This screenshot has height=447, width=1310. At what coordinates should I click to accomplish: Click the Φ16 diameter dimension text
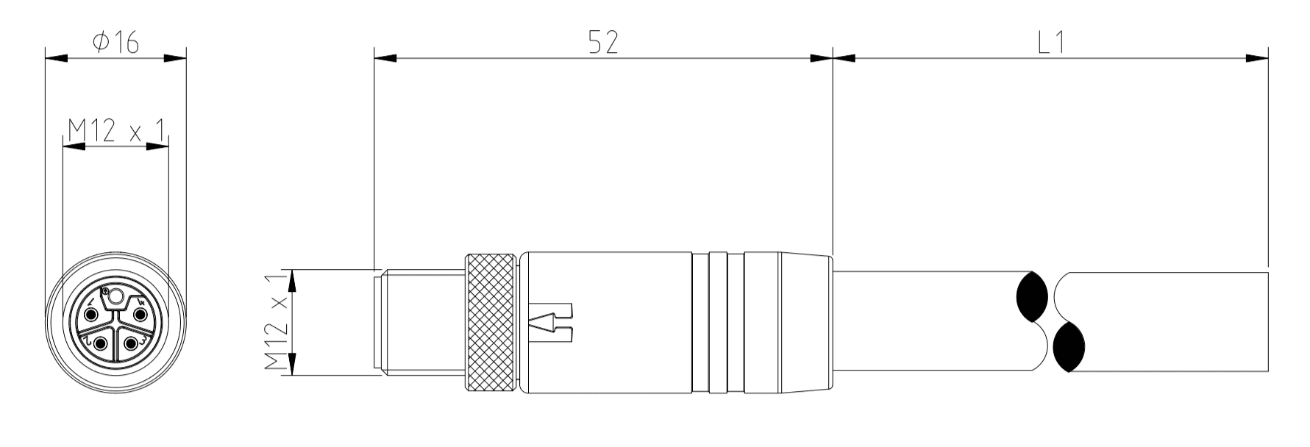[115, 43]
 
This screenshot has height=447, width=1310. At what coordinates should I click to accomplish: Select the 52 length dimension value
[602, 43]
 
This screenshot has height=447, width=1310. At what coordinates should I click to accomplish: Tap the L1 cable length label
[1051, 43]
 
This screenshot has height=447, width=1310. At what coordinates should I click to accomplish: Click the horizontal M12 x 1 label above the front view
[115, 132]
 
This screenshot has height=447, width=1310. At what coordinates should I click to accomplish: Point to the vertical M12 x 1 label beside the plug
[275, 323]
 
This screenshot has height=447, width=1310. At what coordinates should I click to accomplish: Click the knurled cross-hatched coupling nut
[489, 321]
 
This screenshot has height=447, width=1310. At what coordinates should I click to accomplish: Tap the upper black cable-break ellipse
[1030, 297]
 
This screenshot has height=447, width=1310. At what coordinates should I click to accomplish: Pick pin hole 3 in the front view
[131, 343]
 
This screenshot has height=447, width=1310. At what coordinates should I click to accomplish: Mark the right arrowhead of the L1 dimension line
[1258, 58]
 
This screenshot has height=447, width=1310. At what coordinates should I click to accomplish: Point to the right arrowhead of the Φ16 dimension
[175, 58]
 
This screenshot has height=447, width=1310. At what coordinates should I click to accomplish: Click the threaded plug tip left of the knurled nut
[419, 322]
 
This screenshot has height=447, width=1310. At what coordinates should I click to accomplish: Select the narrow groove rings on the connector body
[718, 321]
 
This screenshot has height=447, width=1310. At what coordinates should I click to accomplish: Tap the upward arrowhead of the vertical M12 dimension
[293, 281]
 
